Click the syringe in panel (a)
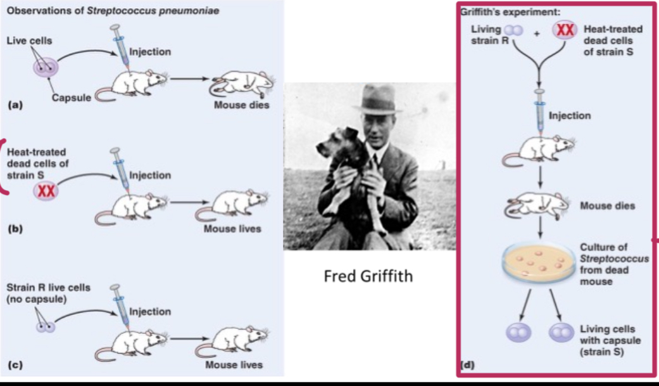point(119,48)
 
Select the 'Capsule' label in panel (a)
point(72,98)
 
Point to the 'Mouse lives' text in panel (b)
point(232,229)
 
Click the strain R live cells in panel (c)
point(45,327)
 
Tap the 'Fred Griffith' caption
point(368,276)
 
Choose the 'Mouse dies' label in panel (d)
point(607,206)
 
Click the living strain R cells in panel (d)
point(514,30)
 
